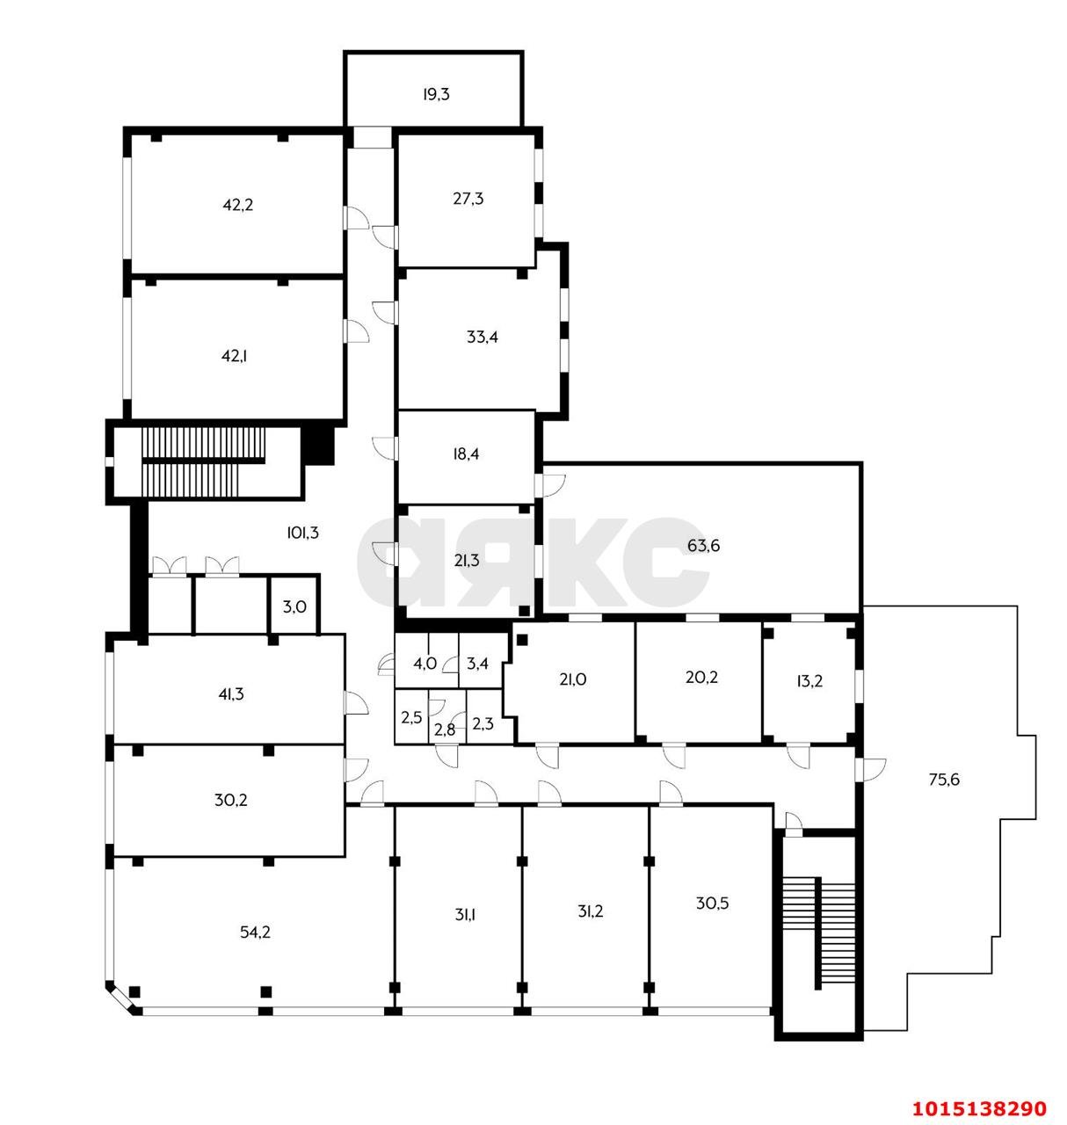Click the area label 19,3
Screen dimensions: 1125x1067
[x=435, y=94]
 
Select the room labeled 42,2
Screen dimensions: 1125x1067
[x=237, y=205]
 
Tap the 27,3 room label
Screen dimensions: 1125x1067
[x=468, y=199]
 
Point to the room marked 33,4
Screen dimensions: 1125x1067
[x=483, y=337]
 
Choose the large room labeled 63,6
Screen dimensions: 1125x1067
[x=703, y=546]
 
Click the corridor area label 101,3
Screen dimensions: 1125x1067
[x=301, y=532]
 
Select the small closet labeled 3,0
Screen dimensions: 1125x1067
[x=294, y=606]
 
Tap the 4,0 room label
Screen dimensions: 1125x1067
[x=425, y=664]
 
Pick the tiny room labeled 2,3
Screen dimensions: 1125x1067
[x=483, y=724]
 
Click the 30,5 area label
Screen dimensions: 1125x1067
[x=712, y=903]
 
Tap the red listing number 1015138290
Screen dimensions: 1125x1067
[x=979, y=1107]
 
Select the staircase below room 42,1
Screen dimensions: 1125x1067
[x=202, y=461]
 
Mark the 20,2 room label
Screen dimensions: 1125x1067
[x=701, y=678]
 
